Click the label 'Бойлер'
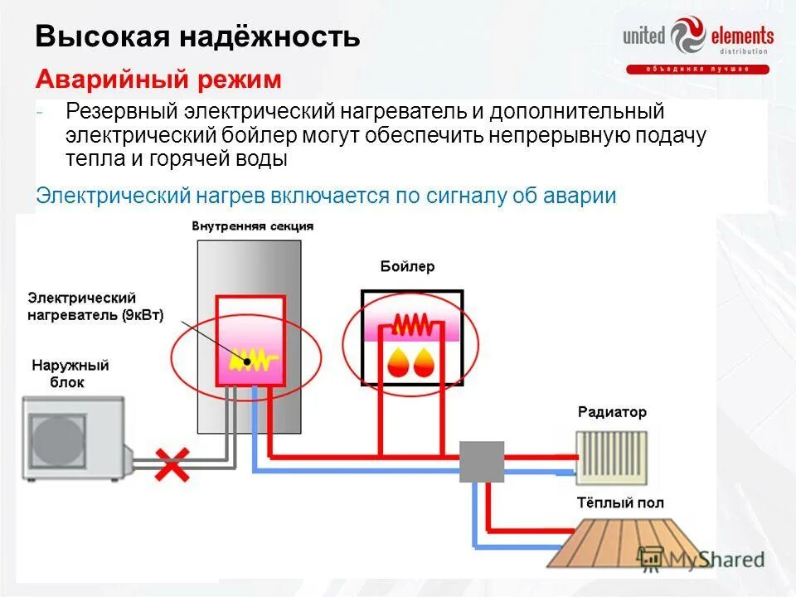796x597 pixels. point(407,267)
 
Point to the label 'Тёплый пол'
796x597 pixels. point(619,503)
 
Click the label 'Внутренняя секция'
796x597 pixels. point(252,226)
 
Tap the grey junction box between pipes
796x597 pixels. point(482,462)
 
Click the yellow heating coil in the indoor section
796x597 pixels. point(252,360)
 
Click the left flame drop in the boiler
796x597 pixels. point(397,362)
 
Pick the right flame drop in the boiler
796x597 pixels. point(425,362)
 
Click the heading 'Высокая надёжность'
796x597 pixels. point(197,37)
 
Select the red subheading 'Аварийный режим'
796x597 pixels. point(158,80)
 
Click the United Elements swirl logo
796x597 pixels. point(687,38)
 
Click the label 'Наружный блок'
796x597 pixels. point(70,374)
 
